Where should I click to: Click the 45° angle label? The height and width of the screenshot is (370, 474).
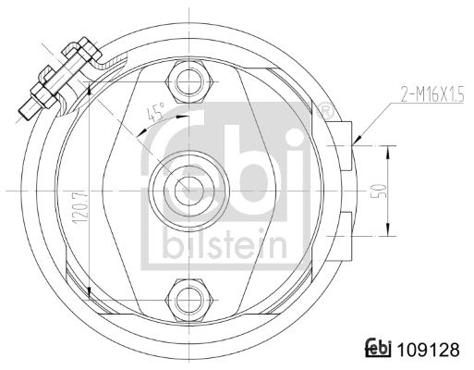pyautogui.click(x=156, y=114)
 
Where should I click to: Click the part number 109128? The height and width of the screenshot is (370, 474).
pyautogui.click(x=429, y=351)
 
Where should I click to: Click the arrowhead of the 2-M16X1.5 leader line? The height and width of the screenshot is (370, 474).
pyautogui.click(x=355, y=142)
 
